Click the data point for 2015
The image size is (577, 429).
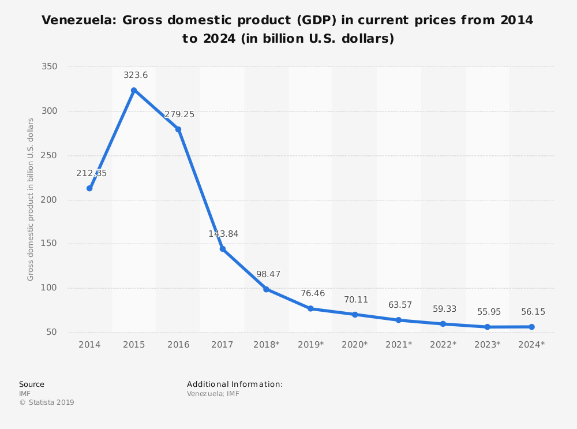tap(134, 90)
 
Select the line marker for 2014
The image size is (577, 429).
tap(89, 188)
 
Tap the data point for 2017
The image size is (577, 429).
tap(222, 249)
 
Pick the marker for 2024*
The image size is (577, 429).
tap(531, 327)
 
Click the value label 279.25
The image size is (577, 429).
tap(179, 114)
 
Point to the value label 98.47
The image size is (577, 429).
tap(268, 274)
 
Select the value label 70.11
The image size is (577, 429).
tap(356, 300)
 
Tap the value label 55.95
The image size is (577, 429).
tap(489, 312)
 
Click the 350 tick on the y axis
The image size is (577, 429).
tap(50, 67)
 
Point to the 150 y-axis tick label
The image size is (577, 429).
tap(50, 244)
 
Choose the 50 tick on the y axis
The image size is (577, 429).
tap(52, 332)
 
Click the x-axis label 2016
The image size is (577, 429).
tap(178, 345)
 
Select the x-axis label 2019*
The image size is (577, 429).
tap(310, 345)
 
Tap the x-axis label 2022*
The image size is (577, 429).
tap(443, 345)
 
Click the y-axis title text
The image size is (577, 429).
tap(31, 199)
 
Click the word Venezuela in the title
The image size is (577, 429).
tap(75, 21)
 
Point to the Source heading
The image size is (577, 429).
tap(32, 384)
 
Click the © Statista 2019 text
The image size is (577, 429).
tap(47, 402)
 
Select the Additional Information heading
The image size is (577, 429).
tap(235, 384)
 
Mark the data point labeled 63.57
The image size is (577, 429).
tap(399, 320)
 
